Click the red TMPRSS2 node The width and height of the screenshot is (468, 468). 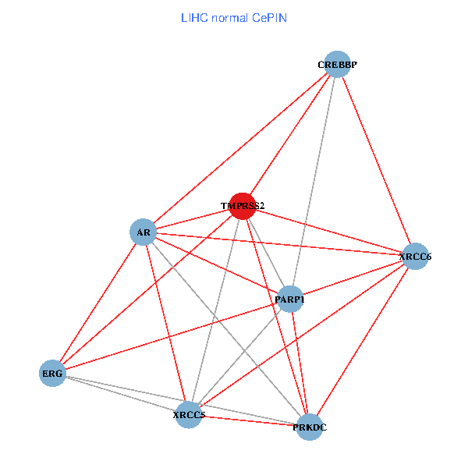point(243,206)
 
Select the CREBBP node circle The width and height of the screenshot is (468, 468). point(337,64)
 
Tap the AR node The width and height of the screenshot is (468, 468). point(144,232)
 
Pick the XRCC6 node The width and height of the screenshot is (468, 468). point(416,256)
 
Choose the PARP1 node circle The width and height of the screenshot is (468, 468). point(290,299)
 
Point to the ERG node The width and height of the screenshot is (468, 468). point(52,374)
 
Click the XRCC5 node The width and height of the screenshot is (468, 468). point(189,415)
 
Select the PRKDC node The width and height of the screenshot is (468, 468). point(310,427)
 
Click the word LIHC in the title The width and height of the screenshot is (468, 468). point(194,18)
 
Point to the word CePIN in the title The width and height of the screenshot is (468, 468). point(269,18)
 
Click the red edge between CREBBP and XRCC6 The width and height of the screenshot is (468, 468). point(377,160)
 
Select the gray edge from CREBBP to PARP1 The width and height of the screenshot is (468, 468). point(314,182)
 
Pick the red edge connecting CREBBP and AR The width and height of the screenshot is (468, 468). point(240,148)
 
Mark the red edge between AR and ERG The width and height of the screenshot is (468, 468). point(98,303)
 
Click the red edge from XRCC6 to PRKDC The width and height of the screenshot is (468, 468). point(363,342)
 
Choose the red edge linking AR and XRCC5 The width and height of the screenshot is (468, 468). point(166,324)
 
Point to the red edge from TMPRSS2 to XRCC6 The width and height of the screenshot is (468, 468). point(329,232)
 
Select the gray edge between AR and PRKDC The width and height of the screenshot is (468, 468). point(226,329)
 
